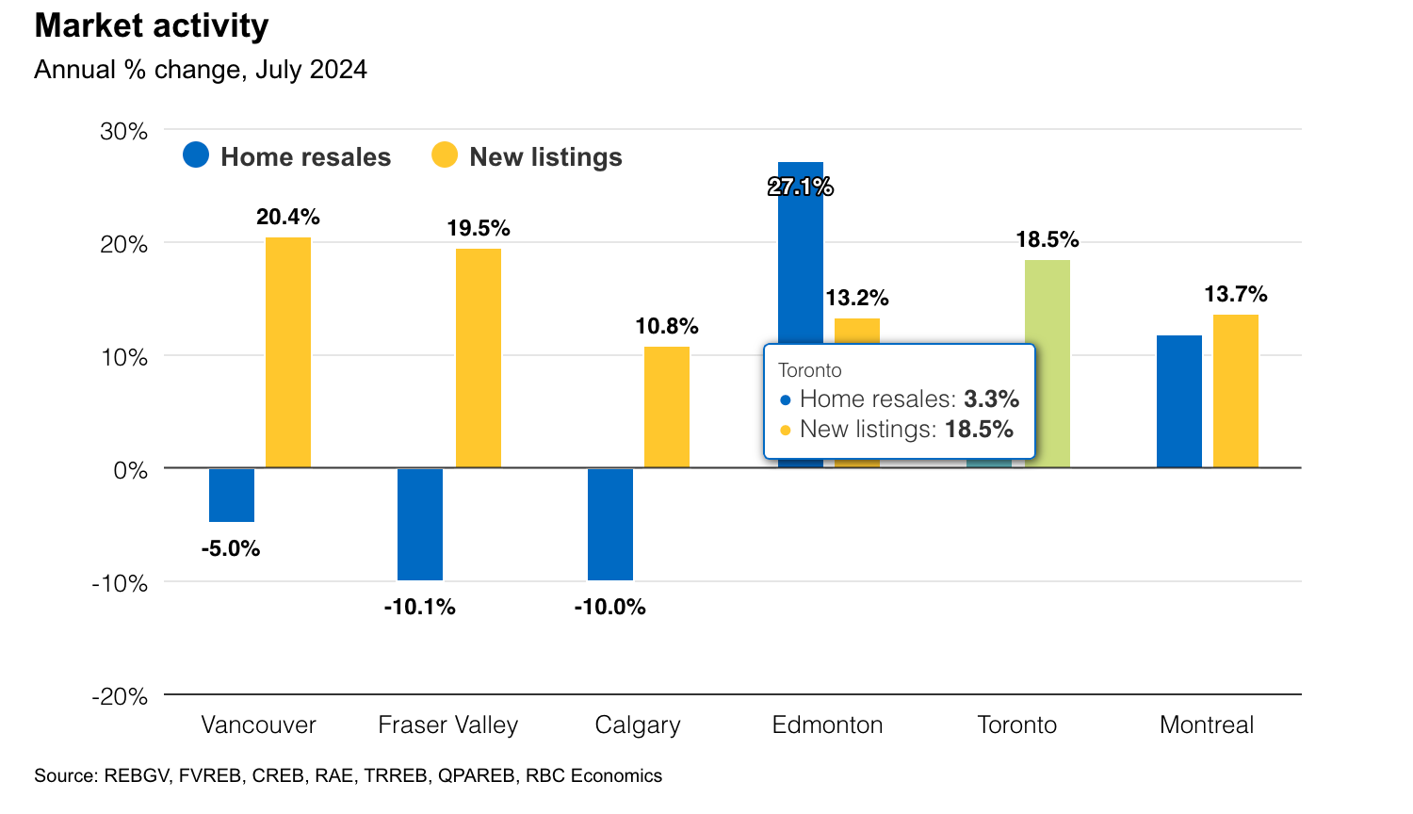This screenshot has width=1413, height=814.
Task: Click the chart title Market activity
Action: click(152, 26)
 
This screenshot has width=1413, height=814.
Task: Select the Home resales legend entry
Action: click(287, 156)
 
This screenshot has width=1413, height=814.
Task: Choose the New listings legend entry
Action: click(528, 156)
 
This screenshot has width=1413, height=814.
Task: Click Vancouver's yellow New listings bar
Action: click(288, 352)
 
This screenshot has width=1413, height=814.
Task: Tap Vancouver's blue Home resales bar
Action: click(232, 495)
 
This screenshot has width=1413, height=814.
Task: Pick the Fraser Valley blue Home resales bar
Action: click(420, 524)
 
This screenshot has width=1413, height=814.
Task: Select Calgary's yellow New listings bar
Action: click(667, 407)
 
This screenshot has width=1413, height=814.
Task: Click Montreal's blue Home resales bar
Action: click(1179, 401)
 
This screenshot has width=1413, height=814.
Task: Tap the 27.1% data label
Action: click(801, 187)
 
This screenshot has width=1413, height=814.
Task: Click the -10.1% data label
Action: click(420, 607)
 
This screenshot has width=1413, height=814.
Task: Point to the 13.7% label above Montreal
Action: click(1236, 295)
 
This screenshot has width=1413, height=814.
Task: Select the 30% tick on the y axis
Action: click(124, 131)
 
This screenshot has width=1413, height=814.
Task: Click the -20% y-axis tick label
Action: click(120, 696)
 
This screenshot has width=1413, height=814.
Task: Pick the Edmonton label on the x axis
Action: click(828, 724)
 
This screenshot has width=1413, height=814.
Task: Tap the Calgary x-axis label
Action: click(638, 724)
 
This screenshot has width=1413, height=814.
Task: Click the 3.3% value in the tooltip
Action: click(991, 399)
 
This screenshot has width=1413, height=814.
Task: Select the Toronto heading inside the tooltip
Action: click(810, 370)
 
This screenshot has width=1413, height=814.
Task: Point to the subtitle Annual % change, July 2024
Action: click(201, 70)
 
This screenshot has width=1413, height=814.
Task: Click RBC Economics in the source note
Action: click(593, 775)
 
